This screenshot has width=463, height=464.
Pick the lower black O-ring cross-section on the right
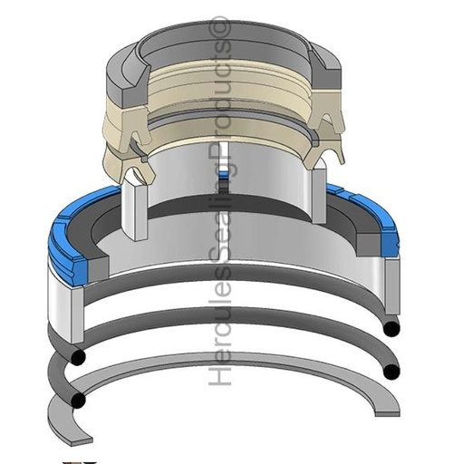(x=391, y=372)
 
